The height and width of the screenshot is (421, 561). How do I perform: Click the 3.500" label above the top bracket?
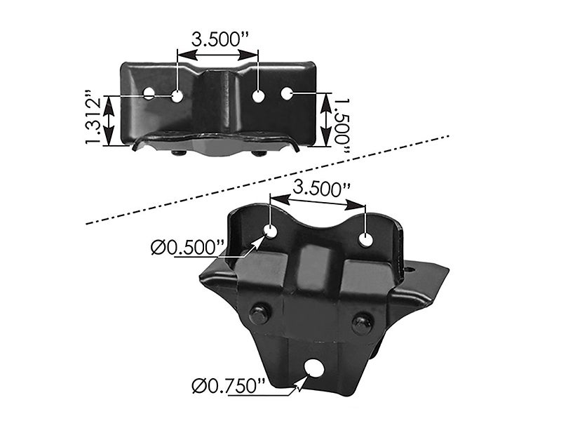click(218, 37)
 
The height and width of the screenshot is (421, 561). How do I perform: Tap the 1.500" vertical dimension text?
click(342, 121)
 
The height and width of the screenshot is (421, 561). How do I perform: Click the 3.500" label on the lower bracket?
click(321, 187)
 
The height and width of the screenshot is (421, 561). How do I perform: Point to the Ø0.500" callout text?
click(187, 247)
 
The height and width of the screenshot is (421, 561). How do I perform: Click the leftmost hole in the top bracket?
click(149, 93)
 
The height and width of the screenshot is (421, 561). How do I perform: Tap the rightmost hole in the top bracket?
click(286, 92)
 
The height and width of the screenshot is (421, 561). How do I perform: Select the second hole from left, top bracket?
click(177, 95)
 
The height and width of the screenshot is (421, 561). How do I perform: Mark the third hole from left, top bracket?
click(259, 96)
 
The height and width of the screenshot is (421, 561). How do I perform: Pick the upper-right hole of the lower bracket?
click(365, 239)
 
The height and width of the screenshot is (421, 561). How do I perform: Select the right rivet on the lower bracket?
click(361, 323)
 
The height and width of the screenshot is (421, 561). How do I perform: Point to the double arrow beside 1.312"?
click(109, 121)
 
